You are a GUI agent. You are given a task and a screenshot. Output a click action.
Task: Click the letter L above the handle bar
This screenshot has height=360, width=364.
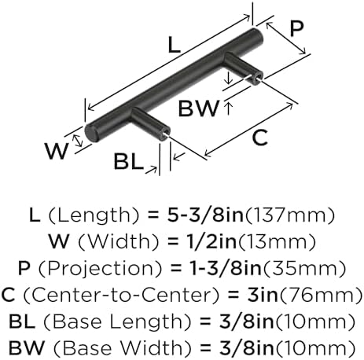(x=175, y=45)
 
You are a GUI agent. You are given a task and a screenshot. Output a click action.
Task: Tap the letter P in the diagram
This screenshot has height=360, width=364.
(x=296, y=28)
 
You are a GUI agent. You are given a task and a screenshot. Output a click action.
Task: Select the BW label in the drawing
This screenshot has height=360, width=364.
(x=198, y=108)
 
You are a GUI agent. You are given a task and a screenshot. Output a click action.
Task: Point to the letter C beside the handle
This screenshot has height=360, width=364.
(x=260, y=138)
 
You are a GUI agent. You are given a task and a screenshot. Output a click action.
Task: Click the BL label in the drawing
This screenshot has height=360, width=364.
(x=129, y=161)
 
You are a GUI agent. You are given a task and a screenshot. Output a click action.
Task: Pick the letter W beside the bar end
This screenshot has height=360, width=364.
(x=57, y=151)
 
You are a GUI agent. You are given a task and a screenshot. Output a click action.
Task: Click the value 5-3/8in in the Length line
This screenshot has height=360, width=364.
(x=205, y=215)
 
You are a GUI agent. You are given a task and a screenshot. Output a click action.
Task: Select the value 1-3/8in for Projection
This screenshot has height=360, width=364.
(x=226, y=268)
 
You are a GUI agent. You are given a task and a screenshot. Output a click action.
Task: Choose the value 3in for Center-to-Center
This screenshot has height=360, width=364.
(x=263, y=295)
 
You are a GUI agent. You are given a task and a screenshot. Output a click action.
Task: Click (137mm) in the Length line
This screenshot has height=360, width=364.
(x=289, y=215)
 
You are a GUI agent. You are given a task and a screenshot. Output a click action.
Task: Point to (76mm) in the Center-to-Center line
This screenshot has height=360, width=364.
(x=321, y=296)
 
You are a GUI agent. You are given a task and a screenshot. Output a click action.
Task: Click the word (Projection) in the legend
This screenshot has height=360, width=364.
(x=100, y=269)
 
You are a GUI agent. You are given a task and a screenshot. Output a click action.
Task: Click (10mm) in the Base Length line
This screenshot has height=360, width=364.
(x=314, y=322)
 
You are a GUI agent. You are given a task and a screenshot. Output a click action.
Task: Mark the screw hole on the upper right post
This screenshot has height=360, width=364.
(x=257, y=77)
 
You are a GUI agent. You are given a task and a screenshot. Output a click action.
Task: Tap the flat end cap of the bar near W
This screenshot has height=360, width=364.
(x=90, y=134)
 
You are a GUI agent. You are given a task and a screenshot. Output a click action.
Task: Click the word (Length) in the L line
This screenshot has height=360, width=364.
(x=94, y=215)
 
